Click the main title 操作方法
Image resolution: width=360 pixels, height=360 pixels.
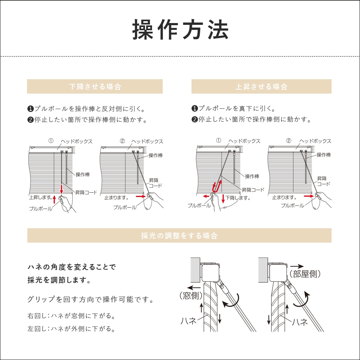180,30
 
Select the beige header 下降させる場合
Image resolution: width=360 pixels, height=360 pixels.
95,87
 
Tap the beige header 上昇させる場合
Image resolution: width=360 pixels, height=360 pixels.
261,87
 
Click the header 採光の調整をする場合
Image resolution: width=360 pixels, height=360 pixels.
179,236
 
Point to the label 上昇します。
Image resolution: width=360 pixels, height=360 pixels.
40,198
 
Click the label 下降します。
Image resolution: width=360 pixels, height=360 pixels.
238,198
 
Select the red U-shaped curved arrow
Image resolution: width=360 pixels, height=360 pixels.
217,187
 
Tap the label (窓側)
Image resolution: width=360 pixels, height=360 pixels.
190,296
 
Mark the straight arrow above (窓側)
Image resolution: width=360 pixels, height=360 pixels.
195,288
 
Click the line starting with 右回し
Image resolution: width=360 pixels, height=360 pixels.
71,316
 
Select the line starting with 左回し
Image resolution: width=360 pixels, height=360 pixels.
71,329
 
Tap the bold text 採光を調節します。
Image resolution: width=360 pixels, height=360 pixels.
59,280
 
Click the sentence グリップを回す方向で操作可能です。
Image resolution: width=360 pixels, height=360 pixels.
90,300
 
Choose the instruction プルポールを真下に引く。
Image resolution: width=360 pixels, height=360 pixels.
234,108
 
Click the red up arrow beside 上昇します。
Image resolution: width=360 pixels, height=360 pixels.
54,198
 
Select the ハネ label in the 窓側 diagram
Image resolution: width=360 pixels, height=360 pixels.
188,321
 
